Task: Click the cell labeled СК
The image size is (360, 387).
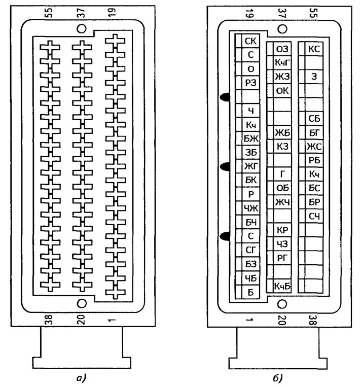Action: coord(250,41)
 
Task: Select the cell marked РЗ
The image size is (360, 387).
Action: coord(250,83)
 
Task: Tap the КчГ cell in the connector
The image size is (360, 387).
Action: coord(282,63)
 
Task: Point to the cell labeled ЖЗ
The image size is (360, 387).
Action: coord(282,77)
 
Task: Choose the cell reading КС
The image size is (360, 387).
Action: coord(314,49)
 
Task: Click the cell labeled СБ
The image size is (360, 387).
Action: coord(314,119)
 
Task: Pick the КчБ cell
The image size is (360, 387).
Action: coord(282,286)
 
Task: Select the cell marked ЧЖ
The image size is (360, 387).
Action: coord(250,208)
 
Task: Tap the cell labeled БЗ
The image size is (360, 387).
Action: coord(250,264)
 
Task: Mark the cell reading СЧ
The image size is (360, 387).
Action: coord(314,216)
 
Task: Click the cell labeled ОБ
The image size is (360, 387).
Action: coord(282,188)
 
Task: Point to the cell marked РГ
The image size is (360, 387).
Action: coord(282,258)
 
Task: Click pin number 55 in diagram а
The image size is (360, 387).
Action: coord(50,13)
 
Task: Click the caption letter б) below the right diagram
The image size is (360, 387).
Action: coord(278,378)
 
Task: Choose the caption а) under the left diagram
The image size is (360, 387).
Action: coord(81,378)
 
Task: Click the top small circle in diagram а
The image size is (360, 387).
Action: coord(82,28)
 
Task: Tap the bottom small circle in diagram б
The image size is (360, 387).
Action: coord(282,304)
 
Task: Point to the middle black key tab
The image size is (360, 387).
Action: coord(225,167)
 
